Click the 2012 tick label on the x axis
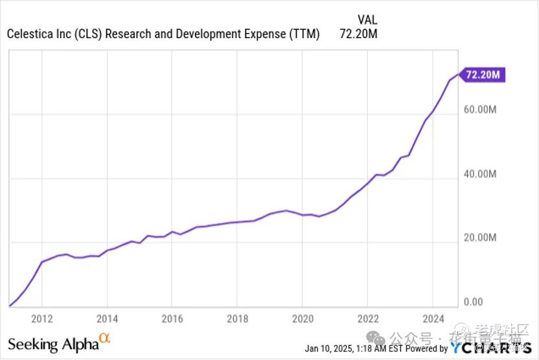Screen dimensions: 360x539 click(41, 318)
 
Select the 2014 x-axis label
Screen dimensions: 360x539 click(107, 318)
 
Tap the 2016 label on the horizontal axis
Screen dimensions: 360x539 click(172, 318)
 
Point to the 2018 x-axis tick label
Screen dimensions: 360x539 click(238, 318)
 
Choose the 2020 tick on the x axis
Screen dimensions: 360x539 click(303, 318)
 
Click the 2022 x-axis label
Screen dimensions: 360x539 click(367, 318)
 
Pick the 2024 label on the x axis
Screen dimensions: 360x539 click(433, 318)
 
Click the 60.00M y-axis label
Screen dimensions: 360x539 click(480, 109)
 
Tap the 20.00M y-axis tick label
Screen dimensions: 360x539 click(480, 238)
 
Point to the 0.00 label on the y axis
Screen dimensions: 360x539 click(474, 302)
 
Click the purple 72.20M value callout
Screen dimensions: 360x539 click(482, 75)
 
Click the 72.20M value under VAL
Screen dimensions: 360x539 click(358, 34)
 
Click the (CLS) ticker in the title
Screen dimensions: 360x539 click(87, 34)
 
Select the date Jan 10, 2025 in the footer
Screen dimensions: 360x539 click(329, 348)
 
